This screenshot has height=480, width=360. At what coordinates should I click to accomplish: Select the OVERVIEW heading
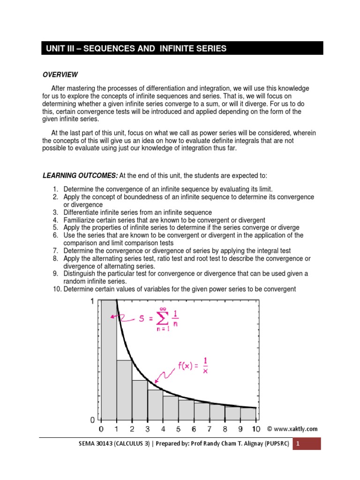60,75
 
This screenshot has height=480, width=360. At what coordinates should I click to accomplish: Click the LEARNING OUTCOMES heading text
80,175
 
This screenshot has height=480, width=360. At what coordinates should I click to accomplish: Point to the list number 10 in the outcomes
56,289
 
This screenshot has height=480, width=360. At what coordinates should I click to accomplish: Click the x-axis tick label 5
178,429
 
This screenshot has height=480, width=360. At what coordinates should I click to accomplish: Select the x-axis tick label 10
255,429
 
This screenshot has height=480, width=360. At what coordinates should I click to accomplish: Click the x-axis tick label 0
102,429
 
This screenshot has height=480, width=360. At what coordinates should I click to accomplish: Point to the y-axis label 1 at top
93,301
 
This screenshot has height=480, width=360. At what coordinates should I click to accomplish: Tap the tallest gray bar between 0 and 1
109,361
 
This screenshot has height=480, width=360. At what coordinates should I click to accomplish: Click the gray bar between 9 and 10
248,413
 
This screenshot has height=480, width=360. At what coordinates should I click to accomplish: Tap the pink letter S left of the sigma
141,320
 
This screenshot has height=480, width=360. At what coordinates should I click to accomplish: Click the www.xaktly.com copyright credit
292,428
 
